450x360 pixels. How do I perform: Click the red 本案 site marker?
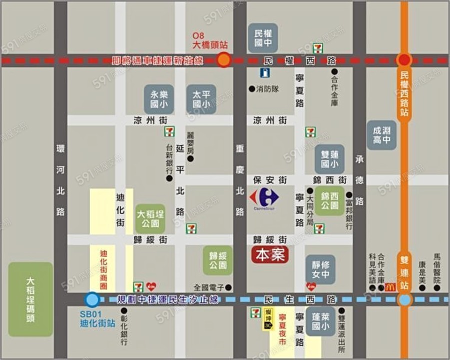point(270,255)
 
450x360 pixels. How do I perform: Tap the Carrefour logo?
point(264,197)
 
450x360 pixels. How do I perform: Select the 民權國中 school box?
point(263,38)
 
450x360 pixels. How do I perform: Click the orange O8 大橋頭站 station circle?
point(224,60)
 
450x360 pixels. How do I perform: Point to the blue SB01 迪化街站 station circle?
point(91,300)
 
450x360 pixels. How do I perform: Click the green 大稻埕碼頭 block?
point(30,299)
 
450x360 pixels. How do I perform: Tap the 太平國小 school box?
point(201,98)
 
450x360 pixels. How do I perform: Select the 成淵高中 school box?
point(381,135)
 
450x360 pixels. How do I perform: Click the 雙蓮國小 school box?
point(329,159)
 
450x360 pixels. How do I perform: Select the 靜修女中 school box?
point(320,268)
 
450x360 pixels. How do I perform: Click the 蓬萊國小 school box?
point(320,320)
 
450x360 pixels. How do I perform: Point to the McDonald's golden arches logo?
point(390,287)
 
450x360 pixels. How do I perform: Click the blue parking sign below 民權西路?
point(263,73)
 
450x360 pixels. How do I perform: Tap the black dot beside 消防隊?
point(251,88)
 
